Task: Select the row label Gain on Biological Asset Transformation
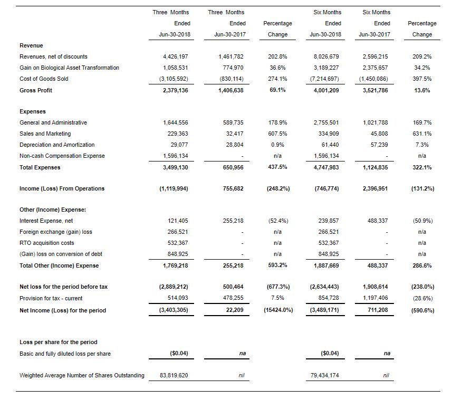(x=69, y=68)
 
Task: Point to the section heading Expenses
(x=32, y=111)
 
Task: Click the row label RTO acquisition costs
(x=46, y=243)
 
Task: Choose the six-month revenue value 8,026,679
(x=327, y=56)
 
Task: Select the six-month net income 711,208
(x=377, y=310)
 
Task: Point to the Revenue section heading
(x=31, y=45)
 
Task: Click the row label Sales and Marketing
(x=45, y=134)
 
